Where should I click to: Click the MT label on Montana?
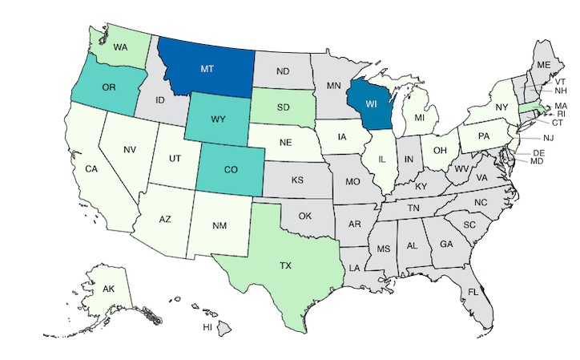click(207, 69)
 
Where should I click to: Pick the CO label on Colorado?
click(230, 171)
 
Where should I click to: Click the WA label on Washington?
click(121, 47)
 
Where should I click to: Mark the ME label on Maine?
click(543, 64)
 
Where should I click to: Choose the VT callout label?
click(561, 82)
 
